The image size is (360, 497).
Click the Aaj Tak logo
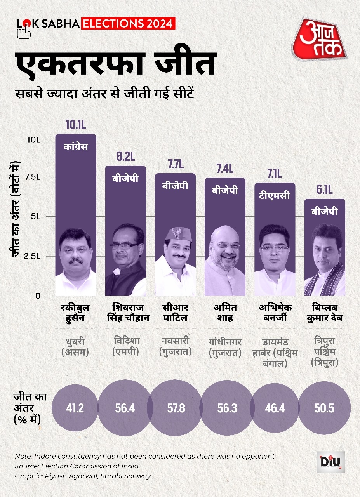(x=320, y=39)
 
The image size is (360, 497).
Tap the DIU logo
(x=330, y=462)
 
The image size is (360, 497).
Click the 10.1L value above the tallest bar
(x=75, y=125)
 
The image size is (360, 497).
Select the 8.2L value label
(x=125, y=157)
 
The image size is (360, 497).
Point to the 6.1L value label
(x=325, y=190)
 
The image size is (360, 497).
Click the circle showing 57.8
(x=175, y=408)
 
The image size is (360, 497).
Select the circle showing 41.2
(x=75, y=408)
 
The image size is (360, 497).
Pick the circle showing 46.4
(x=275, y=408)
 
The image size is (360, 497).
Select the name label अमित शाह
(x=225, y=313)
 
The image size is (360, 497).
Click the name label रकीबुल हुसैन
(x=75, y=313)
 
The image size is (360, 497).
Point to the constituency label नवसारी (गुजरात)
(x=175, y=347)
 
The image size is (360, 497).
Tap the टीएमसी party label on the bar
(x=275, y=195)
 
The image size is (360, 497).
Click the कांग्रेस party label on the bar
(x=75, y=147)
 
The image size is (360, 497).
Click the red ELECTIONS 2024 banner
(x=128, y=24)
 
